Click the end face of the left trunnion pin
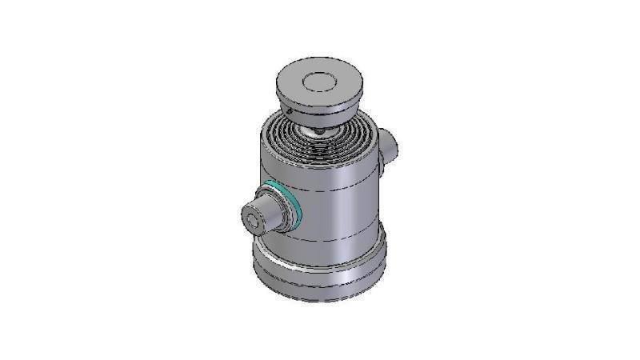pos(258,218)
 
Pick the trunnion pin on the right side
pos(389,146)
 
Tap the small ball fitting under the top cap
pos(318,130)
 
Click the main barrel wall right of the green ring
pos(336,208)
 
